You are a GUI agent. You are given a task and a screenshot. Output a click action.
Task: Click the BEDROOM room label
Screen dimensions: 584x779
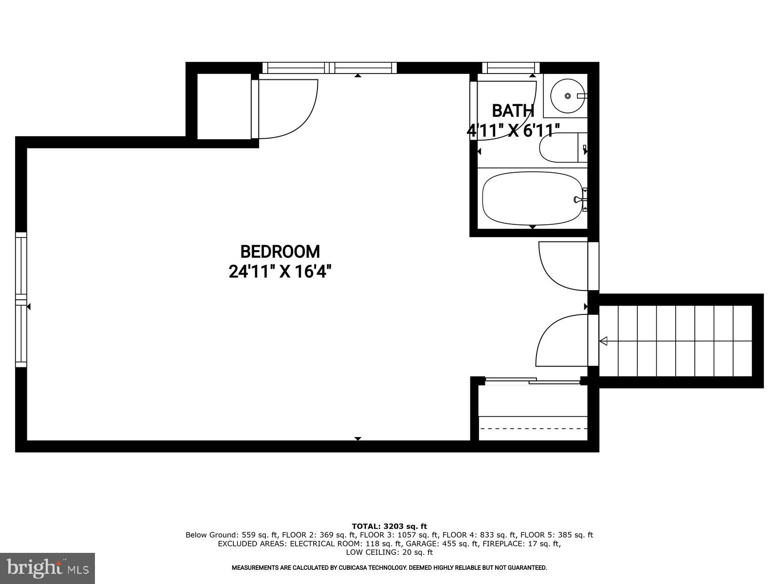point(280,252)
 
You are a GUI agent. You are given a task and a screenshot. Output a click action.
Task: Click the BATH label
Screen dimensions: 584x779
point(513,111)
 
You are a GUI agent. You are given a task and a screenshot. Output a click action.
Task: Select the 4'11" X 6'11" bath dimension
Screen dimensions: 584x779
point(513,130)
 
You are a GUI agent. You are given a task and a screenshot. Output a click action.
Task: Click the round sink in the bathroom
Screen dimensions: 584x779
point(567,96)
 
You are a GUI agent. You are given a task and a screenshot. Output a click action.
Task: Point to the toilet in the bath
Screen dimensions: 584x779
point(560,148)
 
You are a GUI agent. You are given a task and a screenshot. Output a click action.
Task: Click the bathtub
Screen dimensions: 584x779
point(532,199)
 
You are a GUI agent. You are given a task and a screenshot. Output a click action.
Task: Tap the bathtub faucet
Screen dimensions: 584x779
point(579,199)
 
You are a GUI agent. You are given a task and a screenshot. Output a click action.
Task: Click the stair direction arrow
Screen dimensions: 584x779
point(604,341)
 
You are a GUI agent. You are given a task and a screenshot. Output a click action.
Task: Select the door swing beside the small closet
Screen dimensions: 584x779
point(287,108)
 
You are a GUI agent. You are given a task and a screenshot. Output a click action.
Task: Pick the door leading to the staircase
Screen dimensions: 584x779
point(562,341)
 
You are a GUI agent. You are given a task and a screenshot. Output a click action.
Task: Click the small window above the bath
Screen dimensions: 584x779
point(511,68)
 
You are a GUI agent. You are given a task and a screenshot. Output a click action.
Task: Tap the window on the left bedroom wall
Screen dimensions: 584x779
point(21,299)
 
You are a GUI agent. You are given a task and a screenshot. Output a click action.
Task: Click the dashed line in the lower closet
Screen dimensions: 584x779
point(533,429)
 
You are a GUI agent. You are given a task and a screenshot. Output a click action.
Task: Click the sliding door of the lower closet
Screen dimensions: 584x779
point(533,381)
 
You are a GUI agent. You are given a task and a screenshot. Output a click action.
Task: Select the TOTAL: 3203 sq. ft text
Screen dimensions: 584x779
point(389,526)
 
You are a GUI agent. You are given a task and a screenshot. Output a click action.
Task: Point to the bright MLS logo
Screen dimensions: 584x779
point(47,568)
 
